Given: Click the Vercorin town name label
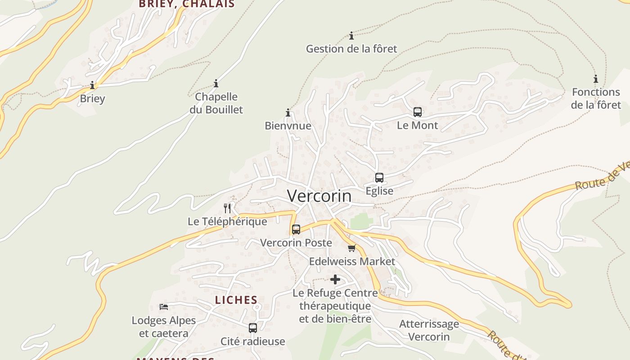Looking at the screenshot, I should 319,196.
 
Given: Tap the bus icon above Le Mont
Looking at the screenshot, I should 418,112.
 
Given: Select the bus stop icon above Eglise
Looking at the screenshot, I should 379,178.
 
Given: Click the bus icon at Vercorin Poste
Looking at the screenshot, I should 296,229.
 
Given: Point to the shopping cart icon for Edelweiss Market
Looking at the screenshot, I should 352,248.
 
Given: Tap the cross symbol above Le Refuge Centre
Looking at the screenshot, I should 335,280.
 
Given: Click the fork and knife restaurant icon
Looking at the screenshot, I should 227,208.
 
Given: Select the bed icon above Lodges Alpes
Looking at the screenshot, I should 164,307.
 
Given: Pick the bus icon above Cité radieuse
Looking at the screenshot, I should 253,328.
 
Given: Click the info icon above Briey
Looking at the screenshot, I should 92,85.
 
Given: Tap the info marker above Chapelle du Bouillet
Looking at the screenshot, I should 216,83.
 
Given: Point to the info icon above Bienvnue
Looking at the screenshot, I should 288,112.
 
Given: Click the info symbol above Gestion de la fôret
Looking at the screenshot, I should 351,36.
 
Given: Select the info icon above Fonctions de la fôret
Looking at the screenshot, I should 596,79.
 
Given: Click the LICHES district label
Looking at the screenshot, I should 236,300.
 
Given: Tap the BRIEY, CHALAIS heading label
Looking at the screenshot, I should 187,4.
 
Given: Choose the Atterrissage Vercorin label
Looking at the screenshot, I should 429,330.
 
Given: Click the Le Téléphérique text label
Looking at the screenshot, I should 227,221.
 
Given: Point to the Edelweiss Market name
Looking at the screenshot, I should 352,261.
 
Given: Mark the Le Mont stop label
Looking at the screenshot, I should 417,126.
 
